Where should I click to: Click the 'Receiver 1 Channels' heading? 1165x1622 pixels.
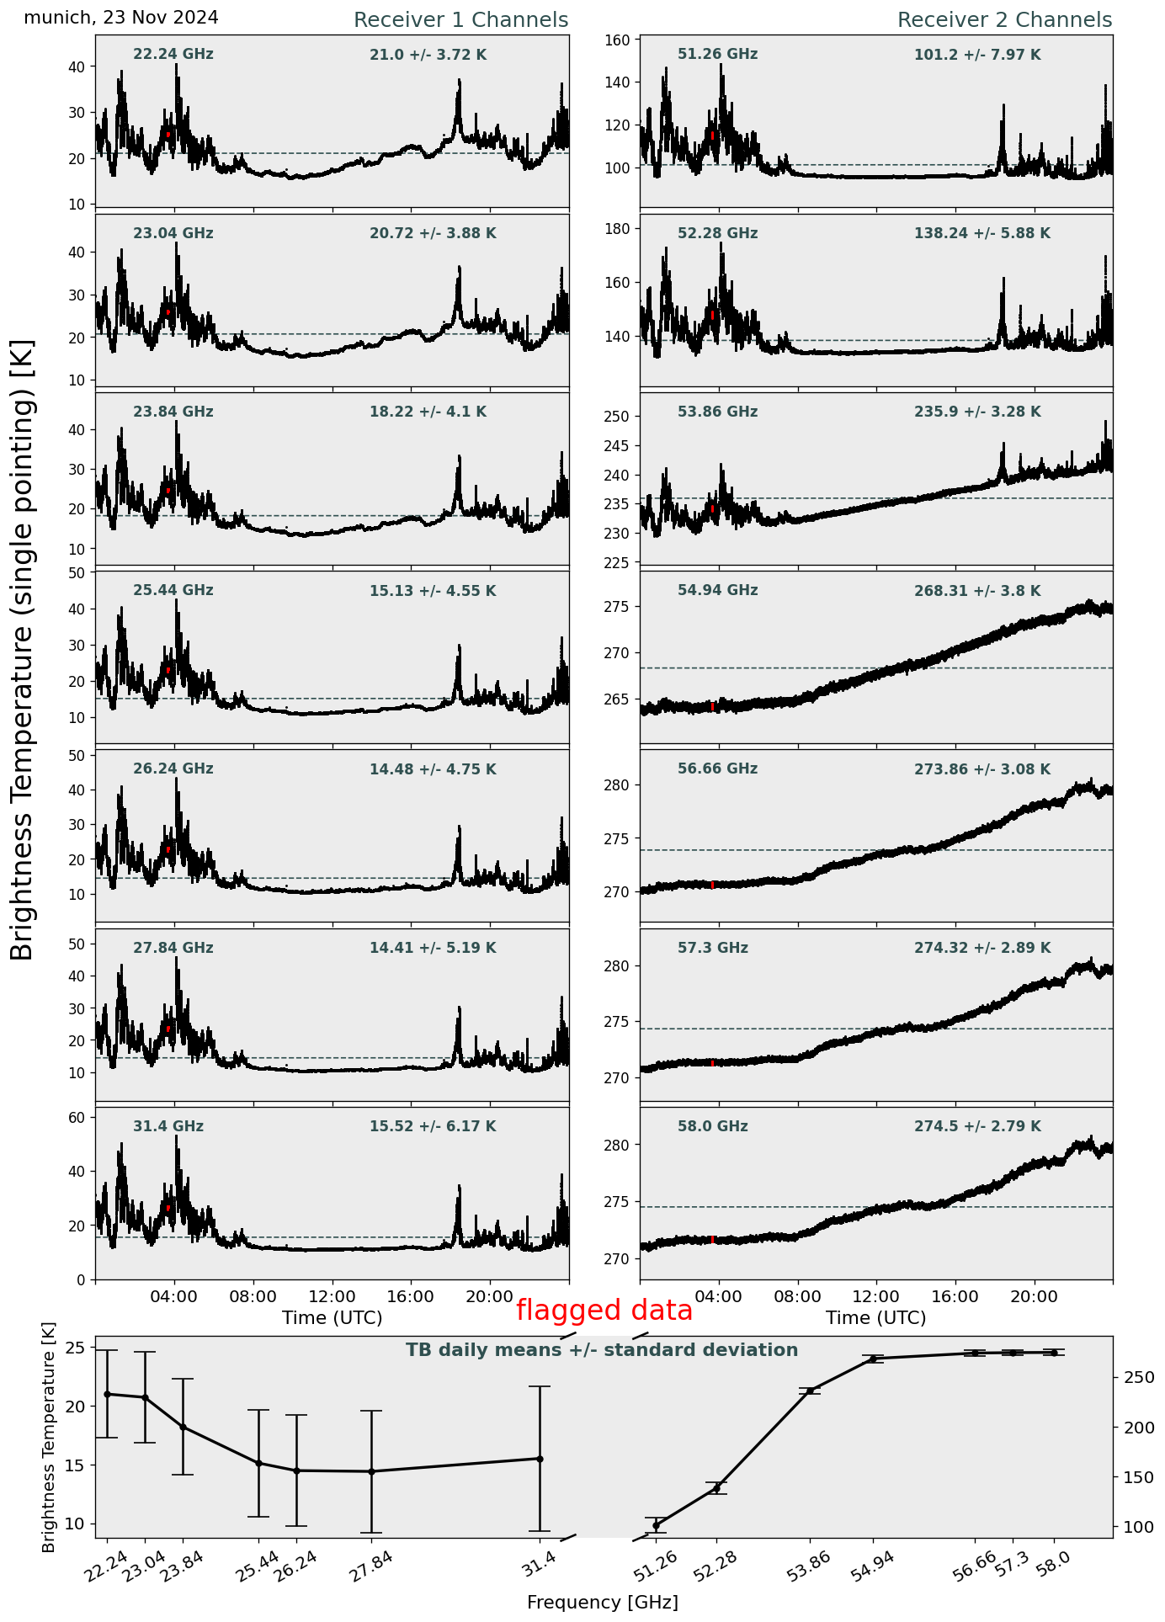coord(460,20)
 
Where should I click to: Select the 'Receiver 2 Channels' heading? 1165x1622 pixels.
coord(1004,20)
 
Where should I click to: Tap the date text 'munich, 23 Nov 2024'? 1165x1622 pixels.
coord(121,18)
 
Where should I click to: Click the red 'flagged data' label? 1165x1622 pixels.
coord(604,1311)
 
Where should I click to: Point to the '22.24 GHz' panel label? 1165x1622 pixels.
coord(173,55)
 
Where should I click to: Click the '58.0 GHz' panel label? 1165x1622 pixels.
coord(712,1126)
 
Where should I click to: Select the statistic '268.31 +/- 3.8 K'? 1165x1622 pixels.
coord(977,591)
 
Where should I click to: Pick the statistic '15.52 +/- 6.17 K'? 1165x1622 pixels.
coord(433,1126)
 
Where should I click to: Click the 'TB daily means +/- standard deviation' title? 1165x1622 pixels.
coord(602,1350)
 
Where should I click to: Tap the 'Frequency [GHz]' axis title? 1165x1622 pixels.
coord(602,1602)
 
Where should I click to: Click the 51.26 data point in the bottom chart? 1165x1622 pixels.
coord(656,1525)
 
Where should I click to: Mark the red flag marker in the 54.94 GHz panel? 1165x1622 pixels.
coord(713,706)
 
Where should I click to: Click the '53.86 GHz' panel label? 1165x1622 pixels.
coord(717,412)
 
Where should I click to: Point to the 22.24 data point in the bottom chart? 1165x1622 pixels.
coord(107,1394)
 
